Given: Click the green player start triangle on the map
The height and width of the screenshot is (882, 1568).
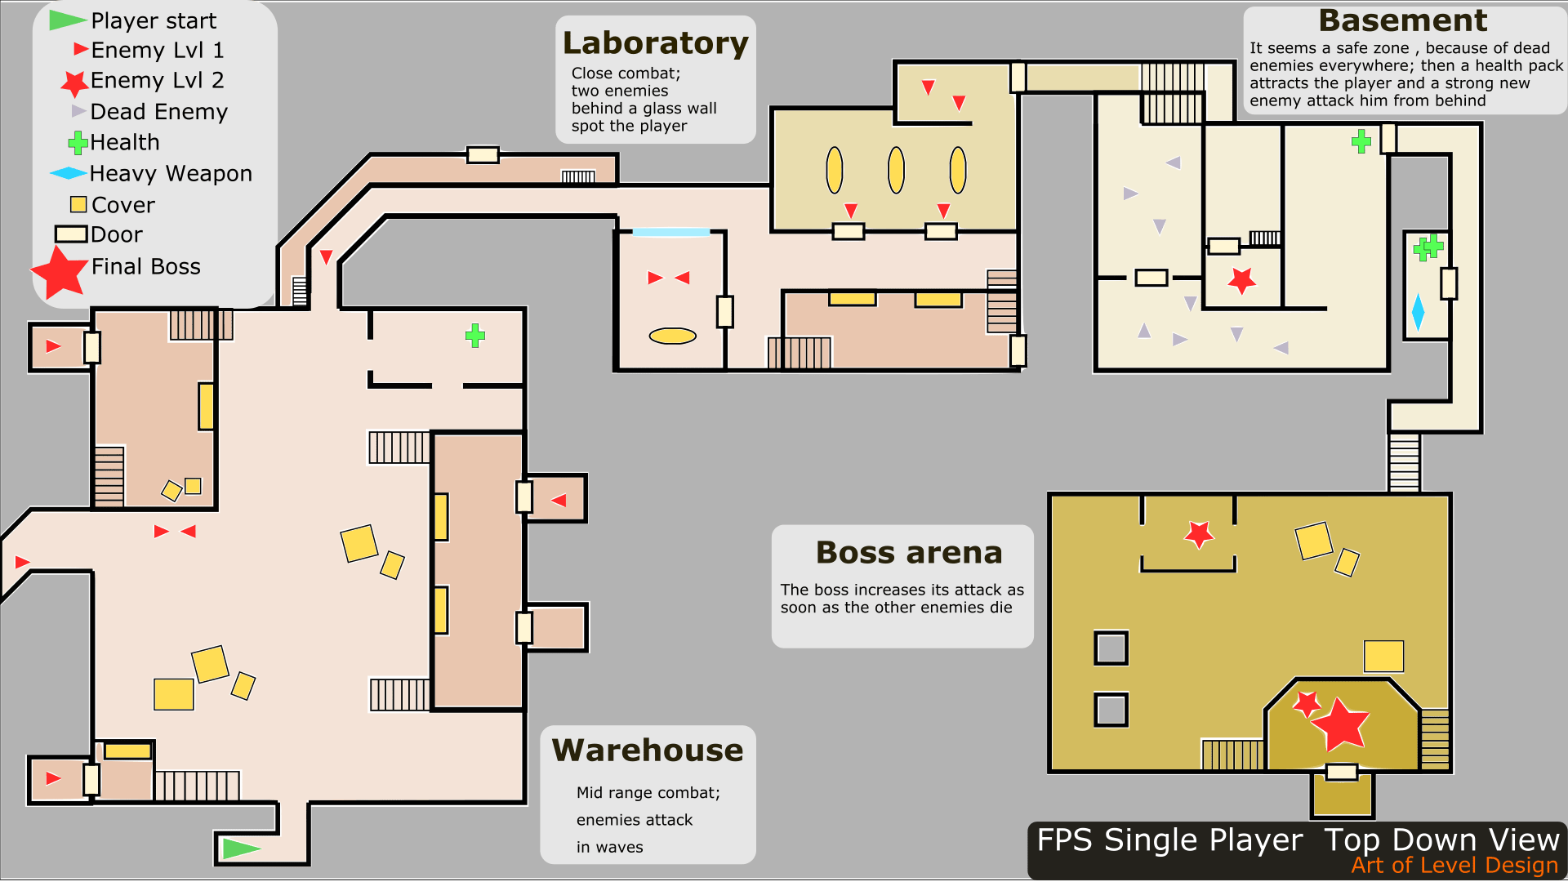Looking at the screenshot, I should point(239,849).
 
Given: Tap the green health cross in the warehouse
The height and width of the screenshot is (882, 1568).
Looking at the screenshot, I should point(475,336).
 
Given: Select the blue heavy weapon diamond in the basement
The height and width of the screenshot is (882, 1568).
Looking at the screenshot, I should point(1418,313).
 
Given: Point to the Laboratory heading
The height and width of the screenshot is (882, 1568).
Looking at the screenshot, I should point(655,43).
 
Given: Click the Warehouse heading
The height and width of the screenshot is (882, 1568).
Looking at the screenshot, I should point(648,751).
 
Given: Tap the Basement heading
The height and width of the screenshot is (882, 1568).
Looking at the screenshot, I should point(1402,20).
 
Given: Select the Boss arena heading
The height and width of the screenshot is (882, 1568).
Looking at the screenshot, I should point(909,553).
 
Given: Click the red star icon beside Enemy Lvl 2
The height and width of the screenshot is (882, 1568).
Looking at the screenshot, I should point(74,82).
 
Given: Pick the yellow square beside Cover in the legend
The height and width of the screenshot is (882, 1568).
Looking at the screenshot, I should point(78,204).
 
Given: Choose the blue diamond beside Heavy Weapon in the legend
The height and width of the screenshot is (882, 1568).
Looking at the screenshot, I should point(68,173).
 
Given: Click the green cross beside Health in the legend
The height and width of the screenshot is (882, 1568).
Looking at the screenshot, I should point(78,143).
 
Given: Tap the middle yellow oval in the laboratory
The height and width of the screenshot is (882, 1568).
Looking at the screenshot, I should point(896,170).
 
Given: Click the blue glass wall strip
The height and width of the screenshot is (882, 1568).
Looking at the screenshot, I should point(670,233).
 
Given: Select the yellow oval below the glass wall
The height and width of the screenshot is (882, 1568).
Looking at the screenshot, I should point(672,336).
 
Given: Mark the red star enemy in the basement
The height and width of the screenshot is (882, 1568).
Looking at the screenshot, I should point(1242,280).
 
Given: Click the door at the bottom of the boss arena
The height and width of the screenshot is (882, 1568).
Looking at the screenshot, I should point(1341,772).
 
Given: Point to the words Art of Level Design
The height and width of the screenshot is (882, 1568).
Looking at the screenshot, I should point(1454,866).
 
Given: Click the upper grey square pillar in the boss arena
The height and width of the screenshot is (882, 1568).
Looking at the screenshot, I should point(1111,648).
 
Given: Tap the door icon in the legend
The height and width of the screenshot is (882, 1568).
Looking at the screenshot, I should point(71,234).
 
